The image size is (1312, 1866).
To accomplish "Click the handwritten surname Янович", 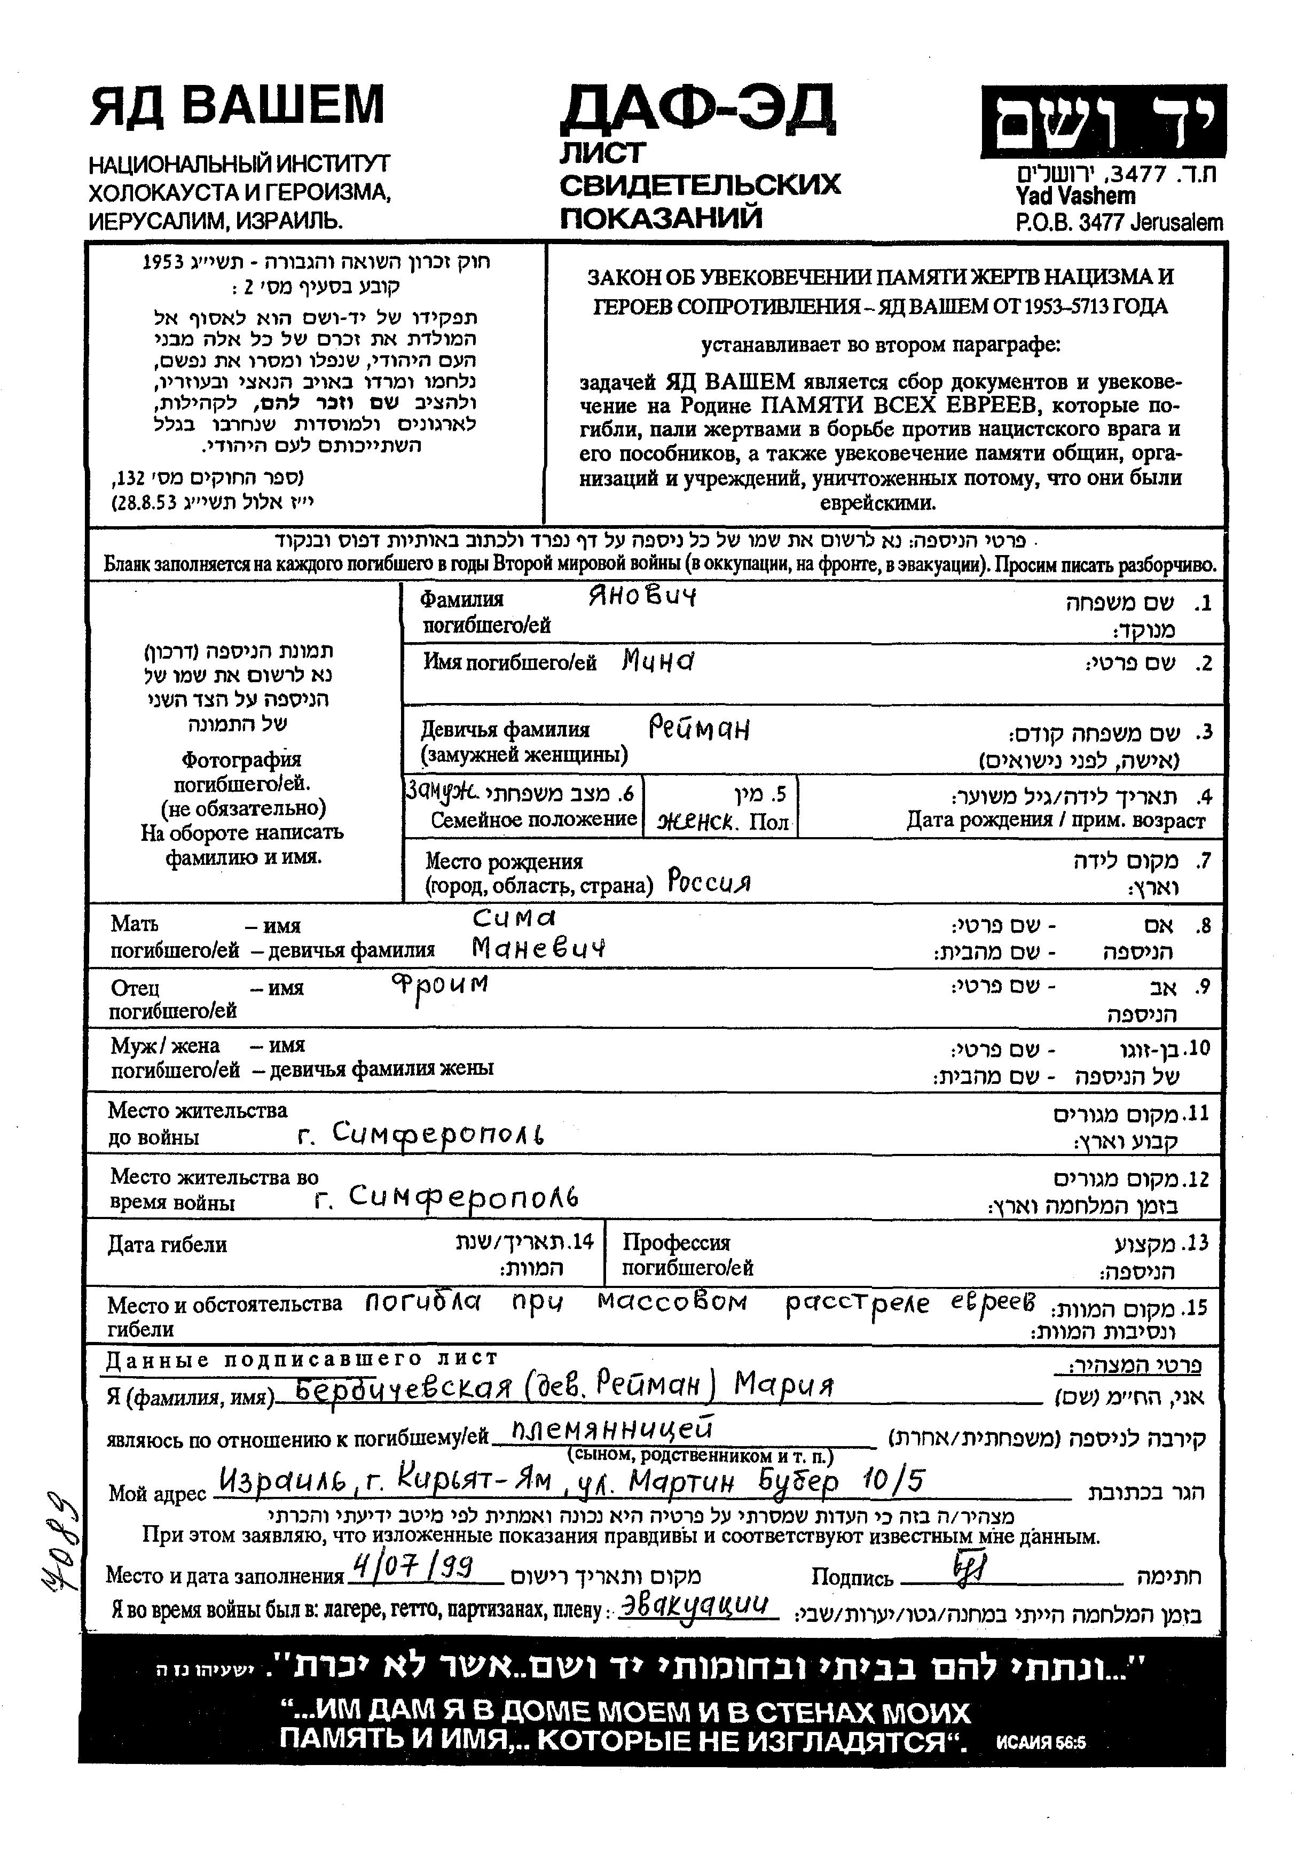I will [642, 597].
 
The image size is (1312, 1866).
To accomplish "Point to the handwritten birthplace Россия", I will [709, 881].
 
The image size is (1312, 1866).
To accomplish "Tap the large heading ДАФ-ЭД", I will [697, 110].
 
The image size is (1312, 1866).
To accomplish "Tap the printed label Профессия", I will [676, 1243].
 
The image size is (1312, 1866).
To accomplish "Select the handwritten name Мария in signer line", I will [784, 1385].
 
